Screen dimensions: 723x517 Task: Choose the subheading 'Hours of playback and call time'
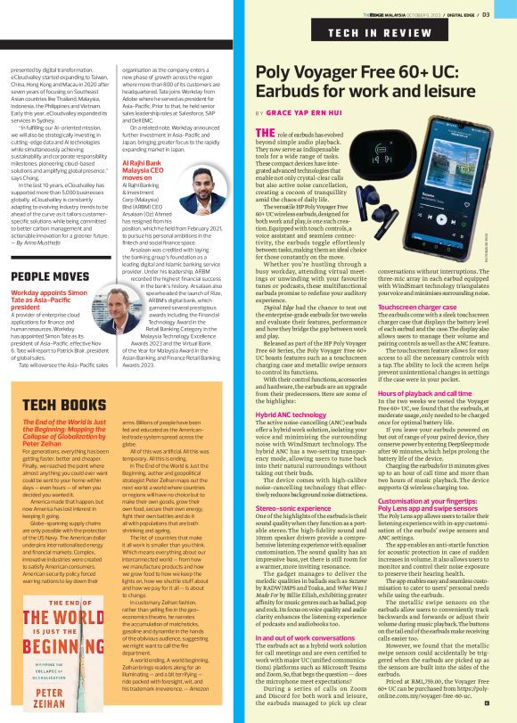pos(436,394)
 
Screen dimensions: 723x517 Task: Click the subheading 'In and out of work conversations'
pos(306,637)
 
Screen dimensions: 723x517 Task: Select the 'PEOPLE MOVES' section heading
pos(52,276)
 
